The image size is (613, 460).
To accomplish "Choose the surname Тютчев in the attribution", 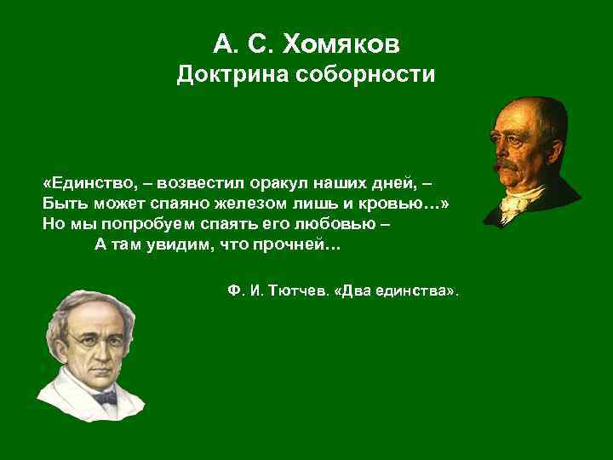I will coord(299,290).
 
